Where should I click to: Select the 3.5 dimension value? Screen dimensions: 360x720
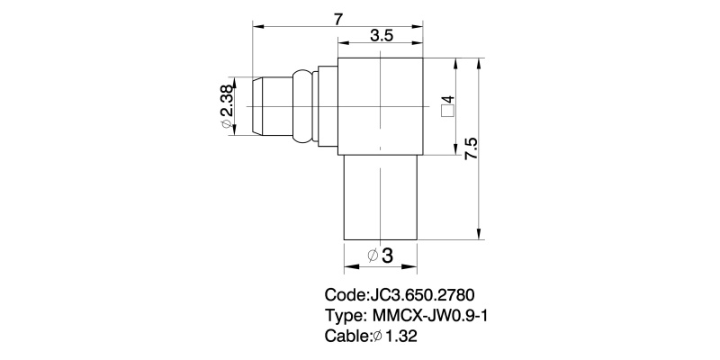[x=382, y=36]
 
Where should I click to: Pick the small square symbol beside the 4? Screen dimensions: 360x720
[x=447, y=112]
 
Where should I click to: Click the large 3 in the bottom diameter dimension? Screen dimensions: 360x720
[x=388, y=256]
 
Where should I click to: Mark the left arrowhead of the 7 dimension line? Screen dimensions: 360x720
[x=257, y=27]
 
